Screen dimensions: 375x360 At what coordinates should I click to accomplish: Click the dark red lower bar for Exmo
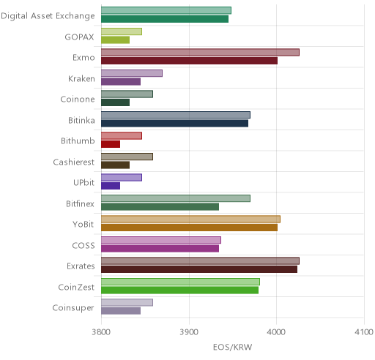tap(189, 61)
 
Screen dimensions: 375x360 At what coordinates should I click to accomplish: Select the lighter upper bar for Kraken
tap(132, 73)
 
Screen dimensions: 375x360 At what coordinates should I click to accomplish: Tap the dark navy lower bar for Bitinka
tap(174, 124)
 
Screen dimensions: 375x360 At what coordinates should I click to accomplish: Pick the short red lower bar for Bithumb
tap(111, 144)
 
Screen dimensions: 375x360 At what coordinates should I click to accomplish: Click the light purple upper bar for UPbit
tap(122, 178)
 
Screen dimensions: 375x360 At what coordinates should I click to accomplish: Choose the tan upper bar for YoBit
tap(191, 219)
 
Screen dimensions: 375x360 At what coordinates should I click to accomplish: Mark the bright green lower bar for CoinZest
tap(179, 290)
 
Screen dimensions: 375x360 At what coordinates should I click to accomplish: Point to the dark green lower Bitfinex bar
tap(160, 207)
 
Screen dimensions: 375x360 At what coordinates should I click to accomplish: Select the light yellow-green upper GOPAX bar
tap(122, 31)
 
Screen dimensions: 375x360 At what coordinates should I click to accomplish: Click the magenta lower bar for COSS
tap(160, 249)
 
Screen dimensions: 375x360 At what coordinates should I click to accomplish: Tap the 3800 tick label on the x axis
tap(101, 332)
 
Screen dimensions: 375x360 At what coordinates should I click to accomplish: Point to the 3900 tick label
tap(189, 332)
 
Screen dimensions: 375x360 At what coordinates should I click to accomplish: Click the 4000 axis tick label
tap(276, 332)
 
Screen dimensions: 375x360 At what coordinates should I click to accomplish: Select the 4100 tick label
tap(364, 332)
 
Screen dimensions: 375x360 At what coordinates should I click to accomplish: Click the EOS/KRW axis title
tap(232, 347)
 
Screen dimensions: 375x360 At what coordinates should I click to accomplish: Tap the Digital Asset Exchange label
tap(48, 16)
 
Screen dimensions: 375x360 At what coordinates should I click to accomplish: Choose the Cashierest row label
tap(74, 162)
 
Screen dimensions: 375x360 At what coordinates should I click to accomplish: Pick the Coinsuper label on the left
tap(73, 308)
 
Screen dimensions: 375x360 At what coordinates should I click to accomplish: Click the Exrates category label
tap(81, 266)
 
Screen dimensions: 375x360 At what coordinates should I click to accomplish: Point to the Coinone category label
tap(78, 100)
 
